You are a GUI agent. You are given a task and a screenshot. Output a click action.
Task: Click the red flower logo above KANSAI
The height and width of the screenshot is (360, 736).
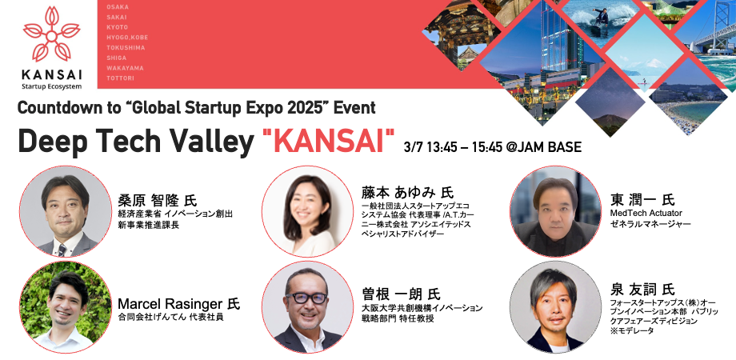click(x=52, y=34)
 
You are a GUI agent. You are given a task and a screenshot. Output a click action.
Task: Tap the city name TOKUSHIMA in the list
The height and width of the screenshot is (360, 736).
click(x=126, y=48)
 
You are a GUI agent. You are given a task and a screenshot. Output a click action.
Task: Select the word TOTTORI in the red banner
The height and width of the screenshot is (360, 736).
click(x=120, y=78)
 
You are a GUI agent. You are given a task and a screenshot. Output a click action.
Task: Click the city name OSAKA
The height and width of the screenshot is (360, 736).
click(x=118, y=7)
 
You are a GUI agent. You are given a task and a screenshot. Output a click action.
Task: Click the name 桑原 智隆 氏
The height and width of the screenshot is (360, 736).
click(x=156, y=200)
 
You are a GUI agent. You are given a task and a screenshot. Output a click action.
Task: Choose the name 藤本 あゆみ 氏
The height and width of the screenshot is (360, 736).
click(x=407, y=193)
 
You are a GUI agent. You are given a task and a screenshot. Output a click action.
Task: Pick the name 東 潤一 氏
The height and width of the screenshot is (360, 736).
click(x=642, y=200)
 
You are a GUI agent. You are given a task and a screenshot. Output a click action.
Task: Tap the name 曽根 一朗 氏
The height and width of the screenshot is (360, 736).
click(x=400, y=294)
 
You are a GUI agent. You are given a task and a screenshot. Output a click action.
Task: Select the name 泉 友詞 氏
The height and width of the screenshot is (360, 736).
click(x=642, y=289)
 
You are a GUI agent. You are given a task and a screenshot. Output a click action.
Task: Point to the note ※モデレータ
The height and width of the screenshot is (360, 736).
click(x=632, y=331)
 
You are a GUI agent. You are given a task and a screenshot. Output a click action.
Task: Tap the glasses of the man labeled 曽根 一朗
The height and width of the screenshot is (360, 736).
click(x=306, y=298)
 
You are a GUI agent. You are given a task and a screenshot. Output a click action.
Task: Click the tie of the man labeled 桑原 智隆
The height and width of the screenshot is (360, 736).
click(x=62, y=249)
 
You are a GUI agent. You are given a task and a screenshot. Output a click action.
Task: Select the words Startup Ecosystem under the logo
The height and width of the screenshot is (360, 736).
click(x=52, y=86)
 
